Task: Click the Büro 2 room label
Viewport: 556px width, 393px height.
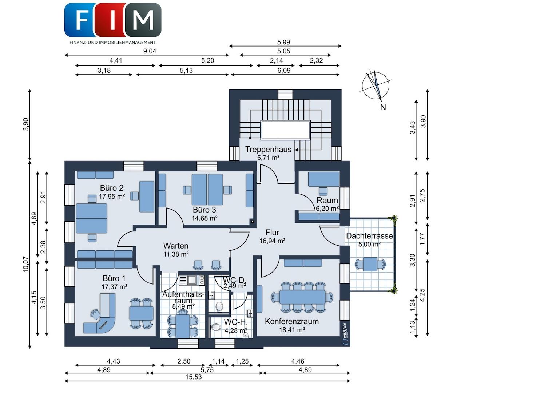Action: click(112, 188)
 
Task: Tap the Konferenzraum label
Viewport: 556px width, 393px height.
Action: click(292, 321)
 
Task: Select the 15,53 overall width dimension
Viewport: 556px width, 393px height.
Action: click(194, 377)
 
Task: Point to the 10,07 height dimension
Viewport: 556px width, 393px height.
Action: click(26, 264)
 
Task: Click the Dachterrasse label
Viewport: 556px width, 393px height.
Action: click(369, 236)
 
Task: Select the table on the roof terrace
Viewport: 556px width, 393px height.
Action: click(370, 264)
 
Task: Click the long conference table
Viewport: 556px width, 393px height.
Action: click(302, 297)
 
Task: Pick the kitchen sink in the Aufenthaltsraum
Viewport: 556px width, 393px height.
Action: click(192, 280)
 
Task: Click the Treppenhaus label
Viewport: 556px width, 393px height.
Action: click(268, 149)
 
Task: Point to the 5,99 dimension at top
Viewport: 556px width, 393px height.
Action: click(283, 42)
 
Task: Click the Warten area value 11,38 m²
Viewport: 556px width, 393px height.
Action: click(176, 254)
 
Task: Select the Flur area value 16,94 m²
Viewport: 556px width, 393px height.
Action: click(272, 241)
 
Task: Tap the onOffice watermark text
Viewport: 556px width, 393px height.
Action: click(345, 333)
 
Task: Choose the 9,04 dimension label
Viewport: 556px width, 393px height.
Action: click(150, 51)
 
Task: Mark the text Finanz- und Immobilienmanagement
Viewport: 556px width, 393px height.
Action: click(113, 43)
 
